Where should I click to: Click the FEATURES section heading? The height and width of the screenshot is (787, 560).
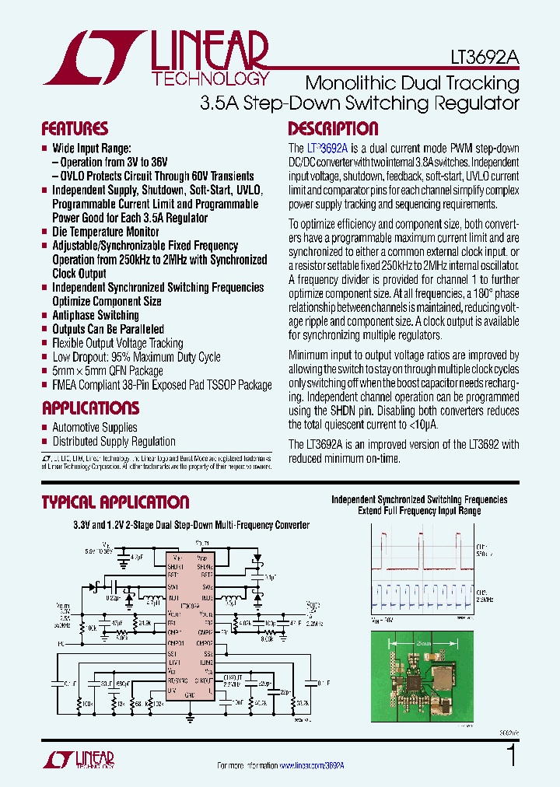tap(75, 129)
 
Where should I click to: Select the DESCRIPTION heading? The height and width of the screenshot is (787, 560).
tap(333, 129)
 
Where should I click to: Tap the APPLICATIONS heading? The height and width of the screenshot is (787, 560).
tap(90, 408)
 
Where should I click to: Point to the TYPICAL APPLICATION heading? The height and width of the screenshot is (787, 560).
tap(115, 502)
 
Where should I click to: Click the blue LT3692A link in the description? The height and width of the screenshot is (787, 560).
tap(327, 148)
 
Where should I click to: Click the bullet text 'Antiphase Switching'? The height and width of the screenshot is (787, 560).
tap(95, 315)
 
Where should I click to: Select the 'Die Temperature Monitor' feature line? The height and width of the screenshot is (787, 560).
tap(105, 232)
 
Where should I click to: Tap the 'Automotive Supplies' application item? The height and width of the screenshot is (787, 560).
tap(94, 427)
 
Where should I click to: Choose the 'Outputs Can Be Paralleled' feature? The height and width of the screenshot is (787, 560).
tap(108, 329)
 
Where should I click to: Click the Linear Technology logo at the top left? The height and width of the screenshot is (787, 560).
tap(156, 58)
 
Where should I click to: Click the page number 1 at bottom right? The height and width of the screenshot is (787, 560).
tap(511, 757)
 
